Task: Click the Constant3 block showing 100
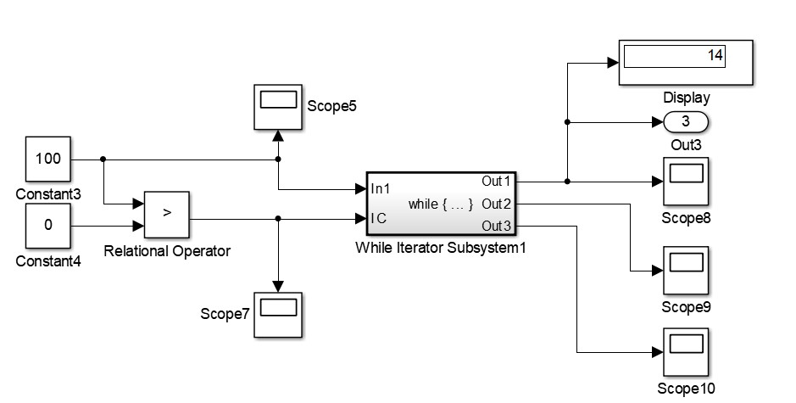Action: tap(47, 159)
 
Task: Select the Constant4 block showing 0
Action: tap(47, 227)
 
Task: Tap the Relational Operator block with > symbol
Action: tap(166, 213)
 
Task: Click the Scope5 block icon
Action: tap(277, 107)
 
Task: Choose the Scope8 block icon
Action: tap(687, 181)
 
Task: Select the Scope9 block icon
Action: tap(687, 271)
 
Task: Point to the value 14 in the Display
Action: tap(715, 56)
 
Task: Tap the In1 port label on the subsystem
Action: tap(381, 188)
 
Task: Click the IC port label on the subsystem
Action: tap(379, 218)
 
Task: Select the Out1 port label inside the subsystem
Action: tap(496, 181)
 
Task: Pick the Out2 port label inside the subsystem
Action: tap(496, 204)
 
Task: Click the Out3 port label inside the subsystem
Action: tap(496, 226)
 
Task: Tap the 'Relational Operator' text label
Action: tap(167, 251)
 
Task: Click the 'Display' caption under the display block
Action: tap(686, 98)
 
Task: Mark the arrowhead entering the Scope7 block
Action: tap(277, 287)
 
